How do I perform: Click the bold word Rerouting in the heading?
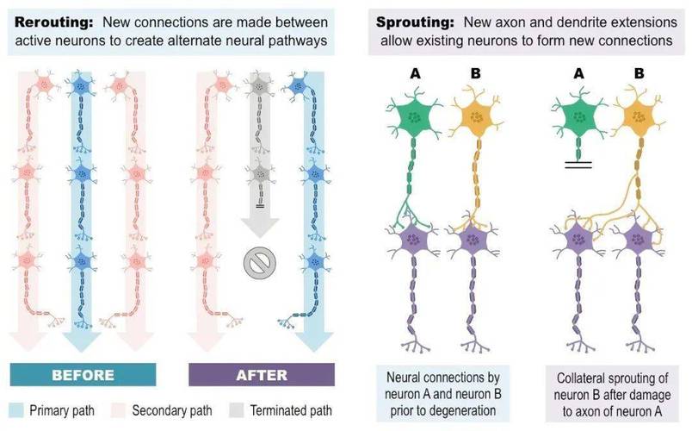[x=54, y=22]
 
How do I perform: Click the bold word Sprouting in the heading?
[x=415, y=22]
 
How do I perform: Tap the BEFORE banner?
[x=83, y=375]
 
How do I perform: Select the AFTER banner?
[x=262, y=375]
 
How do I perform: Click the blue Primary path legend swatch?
[x=15, y=410]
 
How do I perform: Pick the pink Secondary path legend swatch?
[x=118, y=410]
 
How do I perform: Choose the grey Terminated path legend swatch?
[x=237, y=410]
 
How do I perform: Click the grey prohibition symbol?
[x=260, y=264]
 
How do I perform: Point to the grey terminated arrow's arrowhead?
[x=260, y=227]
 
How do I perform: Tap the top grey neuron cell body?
[x=260, y=86]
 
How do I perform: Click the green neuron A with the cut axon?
[x=579, y=117]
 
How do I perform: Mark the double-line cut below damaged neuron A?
[x=578, y=165]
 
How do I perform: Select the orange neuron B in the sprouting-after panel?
[x=639, y=116]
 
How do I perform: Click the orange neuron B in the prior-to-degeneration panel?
[x=477, y=117]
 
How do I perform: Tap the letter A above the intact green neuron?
[x=415, y=73]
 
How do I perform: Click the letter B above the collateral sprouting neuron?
[x=639, y=73]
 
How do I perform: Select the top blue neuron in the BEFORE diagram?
[x=80, y=85]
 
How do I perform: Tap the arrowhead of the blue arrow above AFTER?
[x=314, y=341]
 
